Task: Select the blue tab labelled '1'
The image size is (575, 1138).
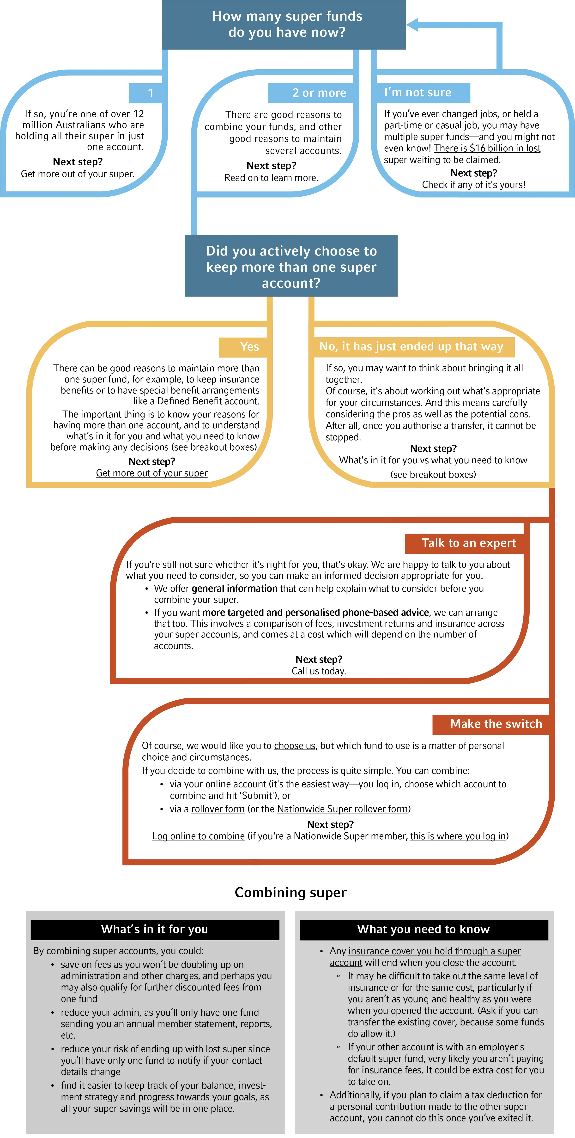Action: (x=148, y=93)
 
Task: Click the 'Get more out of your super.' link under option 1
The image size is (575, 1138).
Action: (x=77, y=174)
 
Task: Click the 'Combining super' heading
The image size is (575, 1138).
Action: (x=290, y=892)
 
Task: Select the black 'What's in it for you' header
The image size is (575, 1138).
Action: (x=155, y=929)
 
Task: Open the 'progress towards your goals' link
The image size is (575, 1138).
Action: (x=197, y=1097)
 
